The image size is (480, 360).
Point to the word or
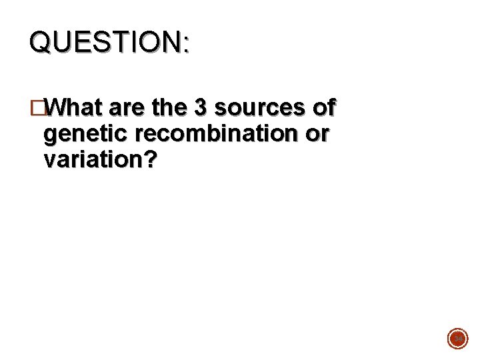click(317, 135)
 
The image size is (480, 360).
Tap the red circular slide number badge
click(457, 339)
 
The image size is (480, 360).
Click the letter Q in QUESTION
click(40, 43)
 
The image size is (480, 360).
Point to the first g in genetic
click(49, 136)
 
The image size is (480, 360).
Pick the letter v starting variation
click(48, 161)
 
